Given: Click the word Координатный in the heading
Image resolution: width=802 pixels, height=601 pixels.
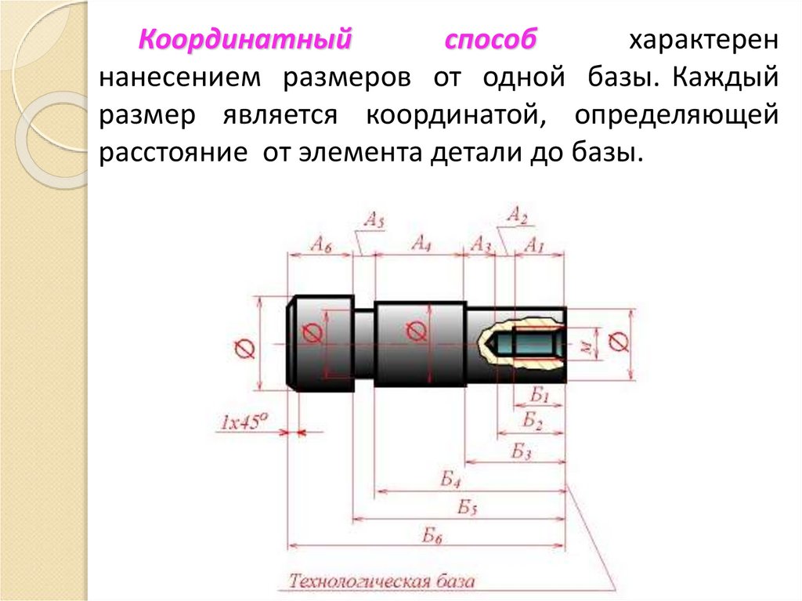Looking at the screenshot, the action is pyautogui.click(x=244, y=40).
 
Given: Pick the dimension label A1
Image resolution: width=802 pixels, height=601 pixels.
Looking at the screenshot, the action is pyautogui.click(x=534, y=244).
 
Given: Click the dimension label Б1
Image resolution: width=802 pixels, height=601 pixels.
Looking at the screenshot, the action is pyautogui.click(x=540, y=395).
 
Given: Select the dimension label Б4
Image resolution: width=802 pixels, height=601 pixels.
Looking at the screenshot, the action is pyautogui.click(x=451, y=480).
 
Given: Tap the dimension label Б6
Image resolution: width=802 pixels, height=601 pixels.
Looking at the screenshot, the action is pyautogui.click(x=432, y=536).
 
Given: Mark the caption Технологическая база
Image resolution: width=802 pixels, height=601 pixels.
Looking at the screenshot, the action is pyautogui.click(x=382, y=581).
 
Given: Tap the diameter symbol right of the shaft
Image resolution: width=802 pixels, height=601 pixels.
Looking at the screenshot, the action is pyautogui.click(x=617, y=342).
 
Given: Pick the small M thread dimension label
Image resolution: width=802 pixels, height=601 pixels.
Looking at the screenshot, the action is pyautogui.click(x=584, y=343).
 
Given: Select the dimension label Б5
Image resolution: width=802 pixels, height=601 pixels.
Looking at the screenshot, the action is pyautogui.click(x=468, y=507).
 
